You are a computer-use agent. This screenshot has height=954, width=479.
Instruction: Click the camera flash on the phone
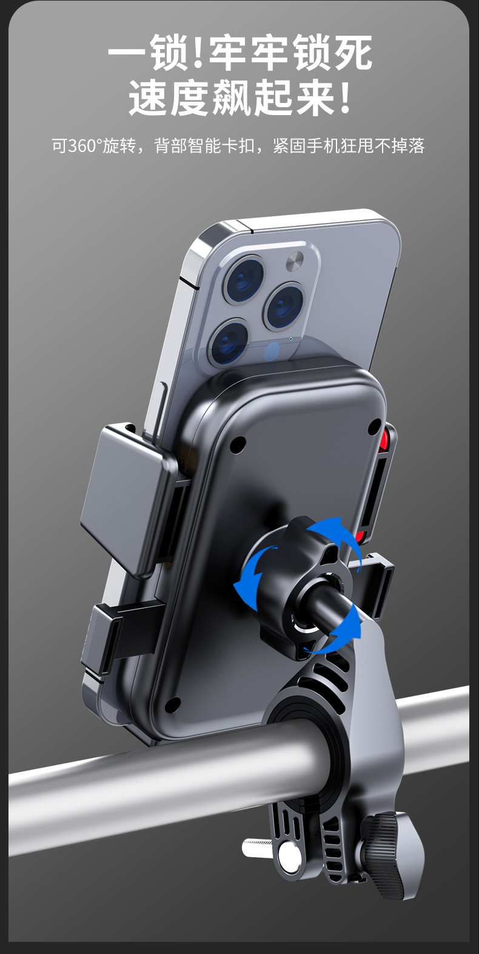(x=295, y=261)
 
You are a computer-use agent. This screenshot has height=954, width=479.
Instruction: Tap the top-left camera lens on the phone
(x=244, y=279)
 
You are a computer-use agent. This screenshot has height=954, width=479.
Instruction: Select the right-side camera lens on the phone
(x=285, y=305)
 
